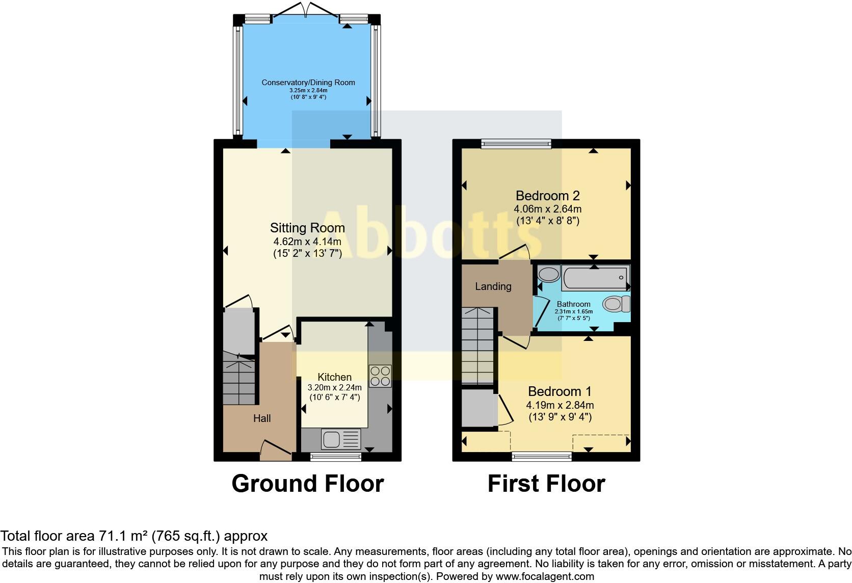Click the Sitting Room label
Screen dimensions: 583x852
pyautogui.click(x=307, y=228)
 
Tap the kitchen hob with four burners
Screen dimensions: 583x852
pyautogui.click(x=380, y=376)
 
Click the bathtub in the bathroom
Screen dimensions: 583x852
pyautogui.click(x=596, y=278)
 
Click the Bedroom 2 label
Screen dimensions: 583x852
pyautogui.click(x=548, y=196)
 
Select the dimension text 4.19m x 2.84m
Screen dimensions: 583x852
pyautogui.click(x=560, y=406)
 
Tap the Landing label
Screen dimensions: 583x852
pyautogui.click(x=493, y=286)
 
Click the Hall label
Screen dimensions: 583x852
pyautogui.click(x=262, y=418)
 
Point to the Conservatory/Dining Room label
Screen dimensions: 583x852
pyautogui.click(x=308, y=83)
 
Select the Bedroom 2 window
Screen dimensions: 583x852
pyautogui.click(x=516, y=144)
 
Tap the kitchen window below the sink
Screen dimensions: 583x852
pyautogui.click(x=336, y=457)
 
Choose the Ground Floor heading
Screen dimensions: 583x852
pyautogui.click(x=307, y=484)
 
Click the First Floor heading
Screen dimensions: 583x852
pyautogui.click(x=546, y=484)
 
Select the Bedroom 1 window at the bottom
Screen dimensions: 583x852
pyautogui.click(x=542, y=457)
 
